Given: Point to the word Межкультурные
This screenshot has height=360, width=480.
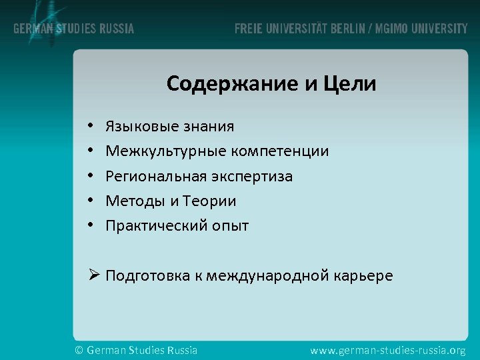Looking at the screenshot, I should pos(167,151).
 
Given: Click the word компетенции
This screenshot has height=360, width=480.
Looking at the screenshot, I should pos(280,151).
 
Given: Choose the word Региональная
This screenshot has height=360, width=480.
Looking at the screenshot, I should pos(156,177).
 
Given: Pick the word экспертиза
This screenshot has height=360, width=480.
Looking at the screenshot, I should pos(252,177).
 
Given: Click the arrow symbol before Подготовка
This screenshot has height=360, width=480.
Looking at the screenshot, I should pos(94,275).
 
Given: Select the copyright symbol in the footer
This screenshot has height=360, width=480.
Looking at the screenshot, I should pos(79,350).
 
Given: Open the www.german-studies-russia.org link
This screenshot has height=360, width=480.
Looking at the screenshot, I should pos(388,350).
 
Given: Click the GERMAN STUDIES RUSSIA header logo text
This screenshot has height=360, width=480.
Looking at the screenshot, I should pos(73,29).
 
